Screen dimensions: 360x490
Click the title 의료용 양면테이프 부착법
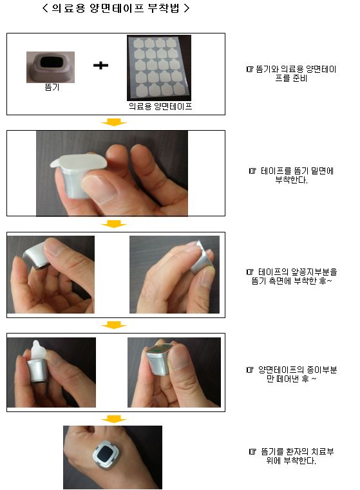click(x=116, y=8)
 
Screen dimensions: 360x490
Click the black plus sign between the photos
click(x=100, y=65)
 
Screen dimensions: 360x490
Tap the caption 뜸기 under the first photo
click(x=52, y=87)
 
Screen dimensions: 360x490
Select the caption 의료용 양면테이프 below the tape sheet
click(x=160, y=106)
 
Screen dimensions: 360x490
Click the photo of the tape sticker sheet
click(x=159, y=68)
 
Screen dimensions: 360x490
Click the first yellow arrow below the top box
click(x=114, y=122)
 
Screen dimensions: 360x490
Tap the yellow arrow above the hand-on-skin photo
click(x=114, y=419)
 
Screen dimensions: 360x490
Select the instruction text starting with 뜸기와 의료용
click(x=291, y=73)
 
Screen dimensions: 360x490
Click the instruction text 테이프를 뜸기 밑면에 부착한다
click(x=291, y=175)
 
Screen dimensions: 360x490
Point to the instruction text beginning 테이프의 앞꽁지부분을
click(x=291, y=276)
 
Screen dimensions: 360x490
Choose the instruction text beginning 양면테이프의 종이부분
click(x=291, y=374)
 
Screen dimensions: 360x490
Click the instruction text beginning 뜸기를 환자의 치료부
click(x=291, y=456)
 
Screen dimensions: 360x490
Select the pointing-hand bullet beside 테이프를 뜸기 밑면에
click(x=252, y=171)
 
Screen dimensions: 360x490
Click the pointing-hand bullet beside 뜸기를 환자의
click(x=252, y=451)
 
